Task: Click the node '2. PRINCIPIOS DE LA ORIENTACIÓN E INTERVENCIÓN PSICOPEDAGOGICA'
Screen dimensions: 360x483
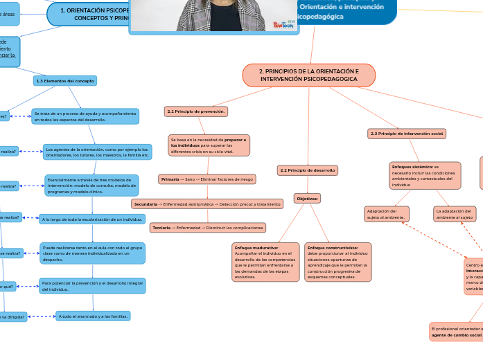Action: (309, 75)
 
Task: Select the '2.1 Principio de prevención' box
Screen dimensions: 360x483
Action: (197, 111)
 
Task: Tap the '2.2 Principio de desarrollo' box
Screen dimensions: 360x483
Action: (308, 170)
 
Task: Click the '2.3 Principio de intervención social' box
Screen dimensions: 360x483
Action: (407, 133)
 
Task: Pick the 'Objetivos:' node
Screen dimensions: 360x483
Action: (308, 198)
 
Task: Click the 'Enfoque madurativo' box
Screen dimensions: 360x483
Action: (266, 262)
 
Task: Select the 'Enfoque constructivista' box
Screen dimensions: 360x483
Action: (337, 262)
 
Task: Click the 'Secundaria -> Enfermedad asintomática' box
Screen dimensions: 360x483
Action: (207, 204)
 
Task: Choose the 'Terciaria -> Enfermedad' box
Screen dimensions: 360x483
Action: (208, 228)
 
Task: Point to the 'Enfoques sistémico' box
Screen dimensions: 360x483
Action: (425, 176)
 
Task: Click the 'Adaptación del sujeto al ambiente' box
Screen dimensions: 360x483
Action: (387, 214)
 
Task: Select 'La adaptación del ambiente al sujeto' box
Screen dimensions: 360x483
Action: (455, 214)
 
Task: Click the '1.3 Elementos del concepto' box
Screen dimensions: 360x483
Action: (65, 81)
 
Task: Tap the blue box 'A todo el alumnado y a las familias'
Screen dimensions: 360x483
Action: (93, 316)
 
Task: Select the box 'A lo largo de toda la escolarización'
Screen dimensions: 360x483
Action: (92, 219)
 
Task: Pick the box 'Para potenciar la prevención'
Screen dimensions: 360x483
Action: (92, 286)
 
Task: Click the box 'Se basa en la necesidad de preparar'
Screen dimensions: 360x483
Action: (209, 145)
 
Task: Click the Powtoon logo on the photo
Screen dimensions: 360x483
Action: (283, 24)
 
